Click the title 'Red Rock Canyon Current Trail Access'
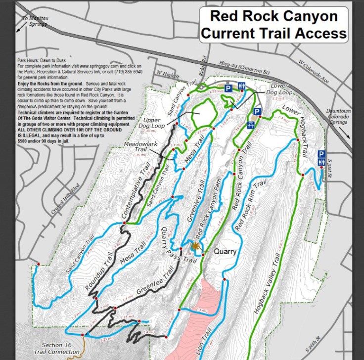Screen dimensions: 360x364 (x=273, y=24)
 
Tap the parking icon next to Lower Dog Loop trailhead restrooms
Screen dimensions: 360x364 (x=228, y=88)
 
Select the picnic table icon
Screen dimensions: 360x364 (x=251, y=124)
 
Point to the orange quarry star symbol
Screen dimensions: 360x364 (x=195, y=245)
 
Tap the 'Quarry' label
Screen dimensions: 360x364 (x=225, y=251)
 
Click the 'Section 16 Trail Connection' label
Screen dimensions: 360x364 (x=59, y=348)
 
